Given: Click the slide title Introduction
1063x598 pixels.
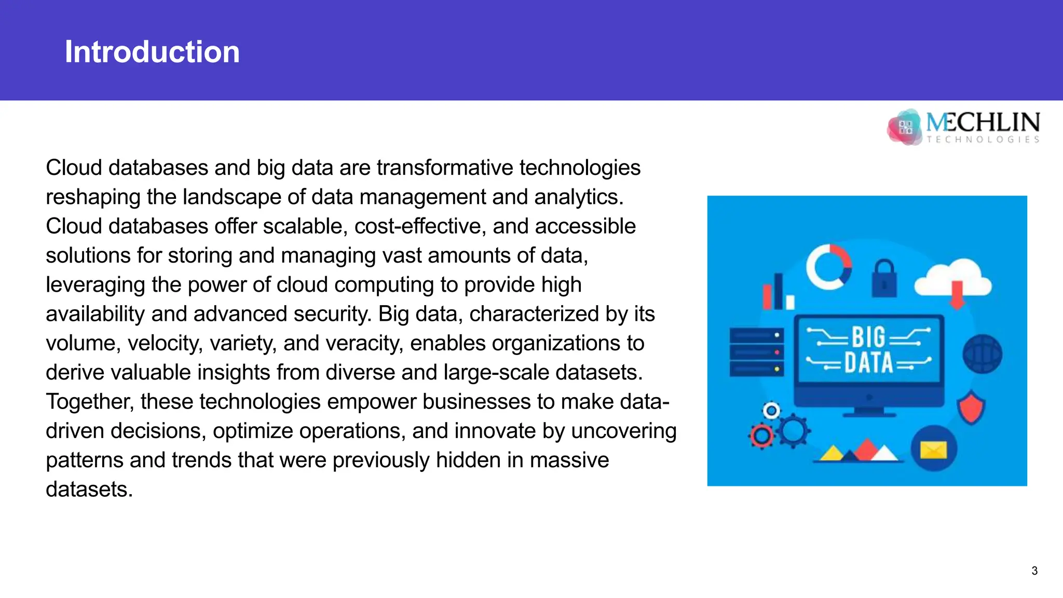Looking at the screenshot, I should [x=152, y=52].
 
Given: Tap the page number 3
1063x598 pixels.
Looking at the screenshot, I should [x=1034, y=571].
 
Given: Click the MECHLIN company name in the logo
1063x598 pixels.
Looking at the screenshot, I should [x=983, y=123].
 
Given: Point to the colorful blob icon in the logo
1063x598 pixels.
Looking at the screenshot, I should [x=905, y=127].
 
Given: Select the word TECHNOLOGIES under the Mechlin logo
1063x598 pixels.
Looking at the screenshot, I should [x=983, y=140].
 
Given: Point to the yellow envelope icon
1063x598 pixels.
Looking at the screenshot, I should [x=933, y=449].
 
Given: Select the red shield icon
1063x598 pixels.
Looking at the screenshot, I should [x=971, y=408].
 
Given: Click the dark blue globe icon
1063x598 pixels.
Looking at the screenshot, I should [x=982, y=354].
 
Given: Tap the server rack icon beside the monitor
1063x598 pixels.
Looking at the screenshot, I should [x=756, y=352].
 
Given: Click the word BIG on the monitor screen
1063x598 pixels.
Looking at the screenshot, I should [x=868, y=337].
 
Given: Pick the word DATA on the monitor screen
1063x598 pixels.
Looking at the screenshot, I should [x=868, y=362].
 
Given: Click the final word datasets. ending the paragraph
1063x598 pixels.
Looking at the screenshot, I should [x=89, y=490].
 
